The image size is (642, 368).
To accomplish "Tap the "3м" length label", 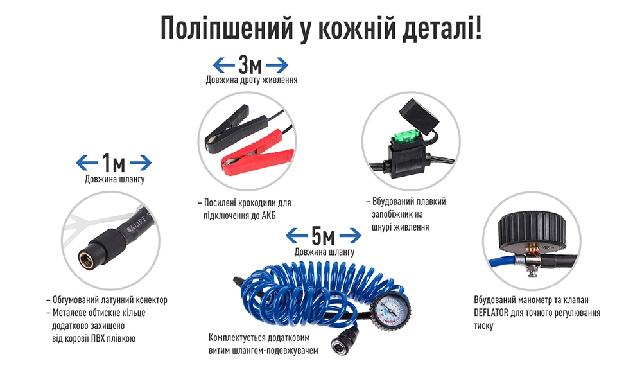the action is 250,64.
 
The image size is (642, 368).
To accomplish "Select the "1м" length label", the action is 114,162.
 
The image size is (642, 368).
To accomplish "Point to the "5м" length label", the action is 323,236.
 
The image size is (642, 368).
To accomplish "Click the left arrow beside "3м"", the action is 224,65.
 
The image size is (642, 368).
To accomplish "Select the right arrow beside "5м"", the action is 350,236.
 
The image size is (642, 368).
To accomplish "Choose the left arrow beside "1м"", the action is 87,162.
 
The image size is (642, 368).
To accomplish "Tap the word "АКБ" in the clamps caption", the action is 268,215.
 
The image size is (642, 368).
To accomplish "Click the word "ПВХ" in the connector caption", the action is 99,338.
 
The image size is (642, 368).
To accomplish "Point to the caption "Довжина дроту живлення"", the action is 252,80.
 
